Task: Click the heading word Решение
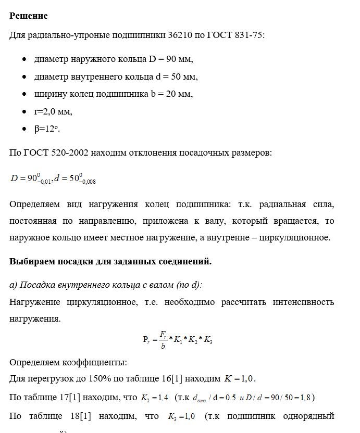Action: pos(29,16)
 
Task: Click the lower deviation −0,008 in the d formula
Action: pos(86,182)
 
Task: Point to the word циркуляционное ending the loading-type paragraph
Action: pos(293,237)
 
